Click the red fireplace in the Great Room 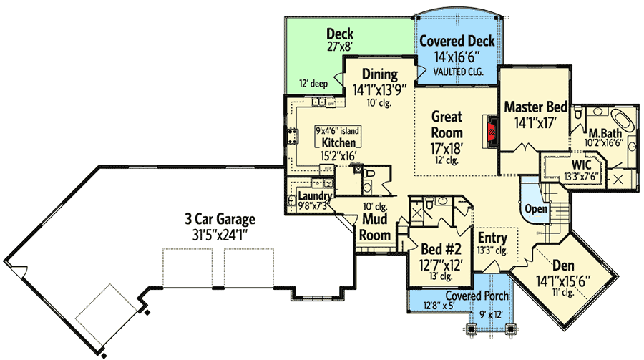tap(492, 131)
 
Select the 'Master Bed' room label tap(536, 107)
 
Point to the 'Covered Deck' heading tap(457, 41)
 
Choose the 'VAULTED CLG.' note tap(457, 72)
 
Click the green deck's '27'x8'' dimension tap(341, 49)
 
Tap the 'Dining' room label tap(379, 74)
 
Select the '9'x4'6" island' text tap(338, 131)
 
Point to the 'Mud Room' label tap(375, 227)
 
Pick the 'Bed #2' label tap(439, 250)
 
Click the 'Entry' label tap(492, 238)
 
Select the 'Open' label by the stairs tap(537, 208)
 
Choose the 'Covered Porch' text tap(477, 296)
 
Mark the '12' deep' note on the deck tap(313, 84)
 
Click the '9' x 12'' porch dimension tap(491, 312)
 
